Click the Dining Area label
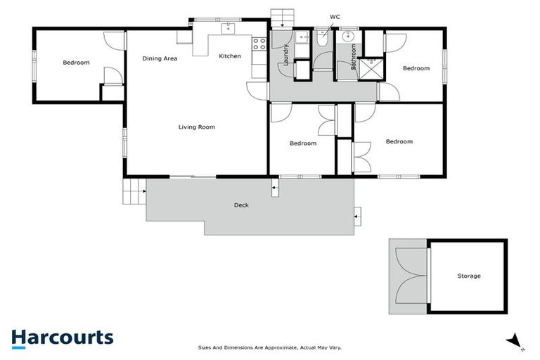click(x=160, y=58)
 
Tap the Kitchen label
click(x=230, y=56)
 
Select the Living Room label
click(x=196, y=127)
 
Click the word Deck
click(x=241, y=205)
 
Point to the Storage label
click(x=469, y=276)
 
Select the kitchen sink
click(x=229, y=28)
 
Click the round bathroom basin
click(x=347, y=37)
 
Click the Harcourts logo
click(x=62, y=337)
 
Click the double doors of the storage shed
click(x=409, y=277)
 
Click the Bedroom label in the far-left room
click(x=76, y=63)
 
